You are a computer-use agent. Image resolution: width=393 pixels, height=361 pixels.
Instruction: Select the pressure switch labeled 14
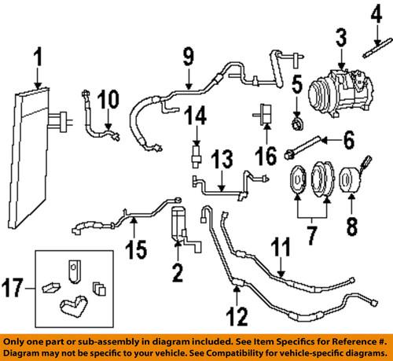(x=194, y=152)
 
